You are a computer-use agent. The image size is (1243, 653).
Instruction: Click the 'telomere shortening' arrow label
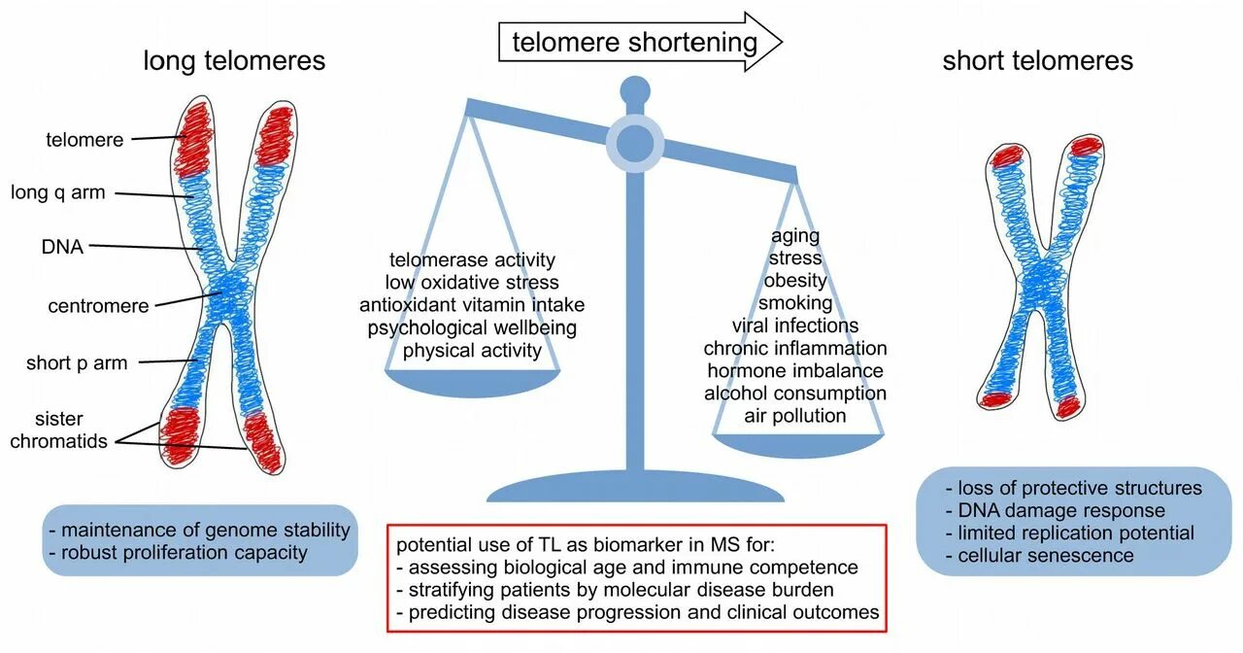click(x=635, y=42)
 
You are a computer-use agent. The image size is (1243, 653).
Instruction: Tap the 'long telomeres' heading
click(x=234, y=61)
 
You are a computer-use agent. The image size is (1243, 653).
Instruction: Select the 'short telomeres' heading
click(x=1037, y=61)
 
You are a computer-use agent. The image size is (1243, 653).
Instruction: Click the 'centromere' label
click(x=98, y=306)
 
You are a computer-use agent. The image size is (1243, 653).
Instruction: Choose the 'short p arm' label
click(x=77, y=363)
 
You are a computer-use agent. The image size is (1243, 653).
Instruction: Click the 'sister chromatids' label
click(x=58, y=430)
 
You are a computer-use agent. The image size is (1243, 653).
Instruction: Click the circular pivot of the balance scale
click(x=635, y=142)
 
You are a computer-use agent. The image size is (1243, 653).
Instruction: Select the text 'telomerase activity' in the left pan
click(x=472, y=259)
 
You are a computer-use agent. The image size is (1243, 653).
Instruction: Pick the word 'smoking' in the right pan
click(x=795, y=303)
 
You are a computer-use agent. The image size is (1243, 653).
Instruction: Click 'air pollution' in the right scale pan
click(x=795, y=416)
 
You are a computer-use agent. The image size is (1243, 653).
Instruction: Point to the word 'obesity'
click(x=795, y=281)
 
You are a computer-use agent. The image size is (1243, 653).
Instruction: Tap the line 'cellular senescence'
click(x=1039, y=556)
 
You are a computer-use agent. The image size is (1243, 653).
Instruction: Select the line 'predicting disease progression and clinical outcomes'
click(x=638, y=612)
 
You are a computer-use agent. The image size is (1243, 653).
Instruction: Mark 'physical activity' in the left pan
click(x=472, y=350)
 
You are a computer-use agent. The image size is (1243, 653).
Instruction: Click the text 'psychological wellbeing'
click(x=472, y=327)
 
